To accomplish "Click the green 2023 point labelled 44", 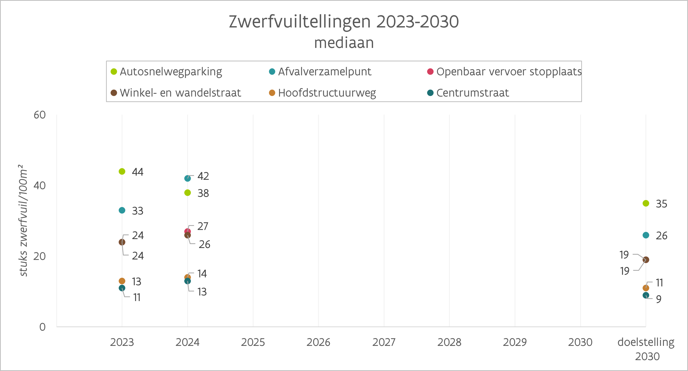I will [122, 171].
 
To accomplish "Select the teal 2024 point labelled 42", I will [187, 178].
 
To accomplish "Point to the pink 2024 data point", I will [187, 231].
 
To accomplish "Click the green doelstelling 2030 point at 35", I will [646, 203].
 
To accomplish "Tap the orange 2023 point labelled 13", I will [122, 281].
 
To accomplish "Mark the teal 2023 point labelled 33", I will [122, 210].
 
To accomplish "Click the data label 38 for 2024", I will [203, 193].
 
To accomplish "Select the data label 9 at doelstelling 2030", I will [659, 299].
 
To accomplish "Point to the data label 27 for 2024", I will [203, 226].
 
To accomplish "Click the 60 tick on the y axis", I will [39, 115].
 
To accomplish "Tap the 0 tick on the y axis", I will [43, 327].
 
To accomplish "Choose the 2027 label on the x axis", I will [384, 342].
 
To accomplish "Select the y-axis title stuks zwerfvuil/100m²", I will [23, 220].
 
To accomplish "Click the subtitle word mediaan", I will [344, 43].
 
